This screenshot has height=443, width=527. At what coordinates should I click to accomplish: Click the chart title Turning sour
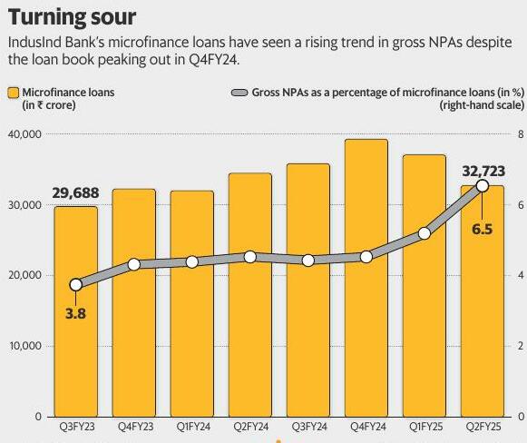72,16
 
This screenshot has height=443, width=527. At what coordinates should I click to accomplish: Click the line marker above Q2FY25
483,186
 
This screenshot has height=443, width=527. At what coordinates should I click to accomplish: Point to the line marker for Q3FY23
75,284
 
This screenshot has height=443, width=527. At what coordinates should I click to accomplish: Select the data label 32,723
483,169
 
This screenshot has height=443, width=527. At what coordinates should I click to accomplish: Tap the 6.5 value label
483,230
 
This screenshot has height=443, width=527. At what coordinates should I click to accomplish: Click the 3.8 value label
75,315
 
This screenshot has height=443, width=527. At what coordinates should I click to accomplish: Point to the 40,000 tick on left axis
24,134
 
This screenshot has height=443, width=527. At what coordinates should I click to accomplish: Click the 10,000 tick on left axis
24,346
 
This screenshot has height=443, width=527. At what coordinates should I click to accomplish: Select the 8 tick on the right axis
521,134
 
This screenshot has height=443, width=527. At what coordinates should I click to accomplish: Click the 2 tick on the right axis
521,346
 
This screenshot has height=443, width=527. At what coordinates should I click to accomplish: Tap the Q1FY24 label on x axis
192,427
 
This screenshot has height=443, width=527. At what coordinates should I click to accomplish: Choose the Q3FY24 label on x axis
308,427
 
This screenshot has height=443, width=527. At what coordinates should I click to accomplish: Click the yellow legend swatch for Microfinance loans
13,93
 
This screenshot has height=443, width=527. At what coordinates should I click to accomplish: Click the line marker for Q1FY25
425,233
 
